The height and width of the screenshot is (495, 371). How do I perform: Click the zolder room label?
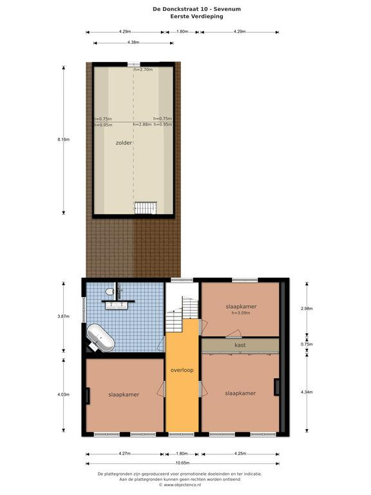pos(124,142)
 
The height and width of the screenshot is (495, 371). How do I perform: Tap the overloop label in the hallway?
pos(182,370)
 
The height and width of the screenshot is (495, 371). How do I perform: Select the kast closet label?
pos(240,345)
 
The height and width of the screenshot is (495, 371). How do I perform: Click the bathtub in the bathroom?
pos(100,338)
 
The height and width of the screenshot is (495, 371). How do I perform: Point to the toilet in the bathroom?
pos(109,291)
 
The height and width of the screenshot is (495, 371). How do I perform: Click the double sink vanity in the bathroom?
pos(117,306)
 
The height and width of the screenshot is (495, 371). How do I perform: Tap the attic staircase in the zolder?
pos(146,208)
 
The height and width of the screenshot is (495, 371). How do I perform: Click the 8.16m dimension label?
pos(63,139)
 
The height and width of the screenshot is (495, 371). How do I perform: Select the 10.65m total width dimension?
pos(182,463)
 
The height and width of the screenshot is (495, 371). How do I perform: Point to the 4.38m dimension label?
pos(133,43)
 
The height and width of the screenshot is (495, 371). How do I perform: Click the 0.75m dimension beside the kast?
pos(307,344)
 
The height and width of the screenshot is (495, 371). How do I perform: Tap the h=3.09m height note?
pos(241,313)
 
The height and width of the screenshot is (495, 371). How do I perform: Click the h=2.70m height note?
pos(144,70)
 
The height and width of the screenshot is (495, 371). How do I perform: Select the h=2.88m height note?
pos(142,124)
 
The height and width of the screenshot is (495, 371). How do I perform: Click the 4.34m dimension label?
pos(307,392)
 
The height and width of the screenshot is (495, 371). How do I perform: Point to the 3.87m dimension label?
pos(63,316)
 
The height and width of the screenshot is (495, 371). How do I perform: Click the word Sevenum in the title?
pos(227,9)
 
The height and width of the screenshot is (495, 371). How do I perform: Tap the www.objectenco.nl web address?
pos(182,485)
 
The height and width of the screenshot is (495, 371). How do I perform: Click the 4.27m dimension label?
pos(124,454)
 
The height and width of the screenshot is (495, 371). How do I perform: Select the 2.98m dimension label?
pos(307,309)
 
